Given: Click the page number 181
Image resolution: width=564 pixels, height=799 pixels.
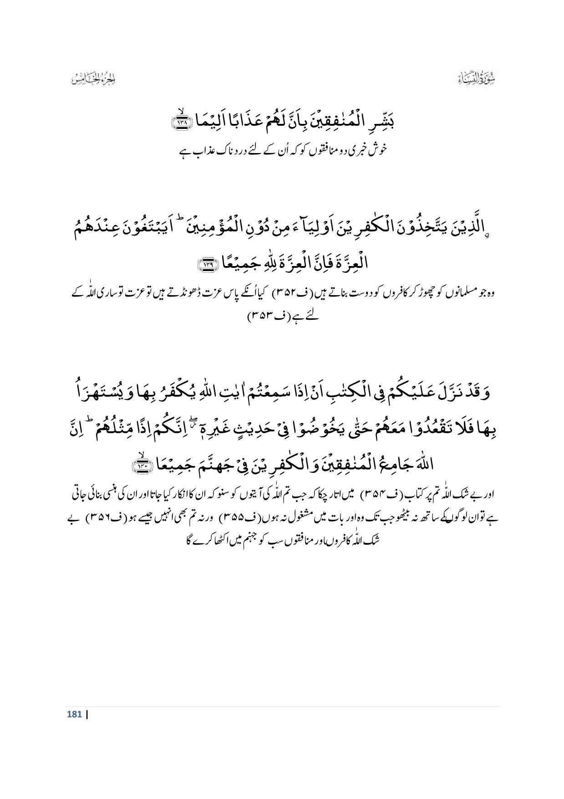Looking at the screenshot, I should [x=74, y=714].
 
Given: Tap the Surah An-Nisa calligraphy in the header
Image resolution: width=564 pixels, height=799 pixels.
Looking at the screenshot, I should [x=478, y=80].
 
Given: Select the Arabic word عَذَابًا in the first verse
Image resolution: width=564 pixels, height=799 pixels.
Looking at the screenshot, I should [x=244, y=123].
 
